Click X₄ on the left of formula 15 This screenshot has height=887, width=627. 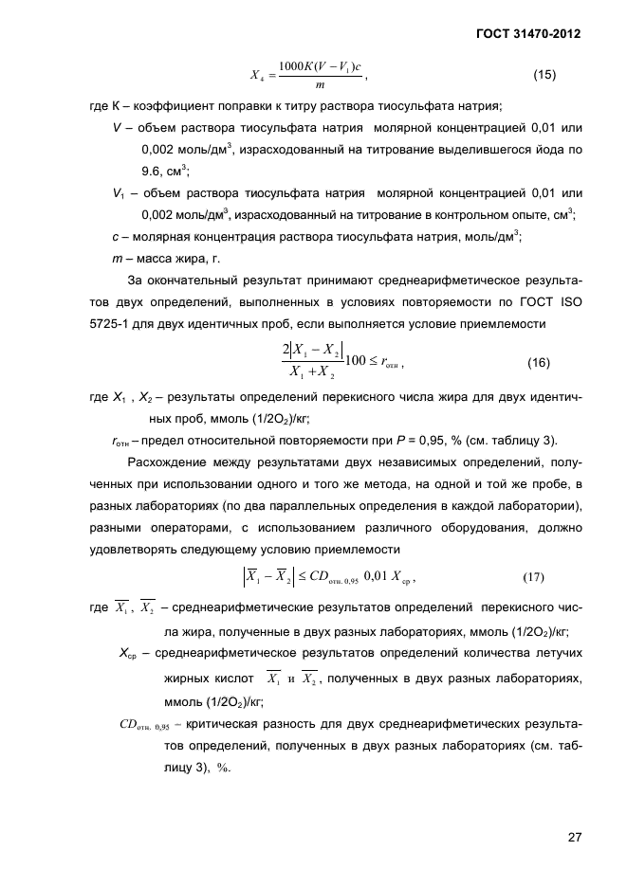coord(256,77)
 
